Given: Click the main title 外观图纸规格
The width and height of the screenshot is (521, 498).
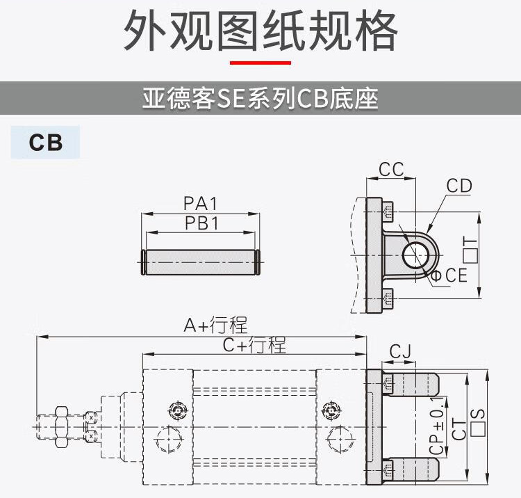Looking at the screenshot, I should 260,31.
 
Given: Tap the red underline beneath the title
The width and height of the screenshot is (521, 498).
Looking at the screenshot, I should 260,63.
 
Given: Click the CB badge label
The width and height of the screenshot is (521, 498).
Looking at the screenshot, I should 46,143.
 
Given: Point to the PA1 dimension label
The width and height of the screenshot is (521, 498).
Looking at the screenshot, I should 201,204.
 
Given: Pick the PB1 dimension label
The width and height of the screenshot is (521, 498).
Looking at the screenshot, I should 201,223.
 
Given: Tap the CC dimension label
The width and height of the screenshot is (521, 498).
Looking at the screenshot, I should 391,170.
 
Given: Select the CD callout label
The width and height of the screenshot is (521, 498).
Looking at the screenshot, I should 459,186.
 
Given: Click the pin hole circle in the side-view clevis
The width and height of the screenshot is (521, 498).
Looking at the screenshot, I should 415,254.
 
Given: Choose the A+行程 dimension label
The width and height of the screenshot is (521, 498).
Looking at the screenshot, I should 215,325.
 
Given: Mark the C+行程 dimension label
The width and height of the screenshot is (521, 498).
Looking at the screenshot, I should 254,344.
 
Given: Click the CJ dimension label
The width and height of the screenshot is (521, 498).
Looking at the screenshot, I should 400,352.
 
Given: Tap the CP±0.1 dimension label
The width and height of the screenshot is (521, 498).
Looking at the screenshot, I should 437,426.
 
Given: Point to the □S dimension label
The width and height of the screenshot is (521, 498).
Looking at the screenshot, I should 478,421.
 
